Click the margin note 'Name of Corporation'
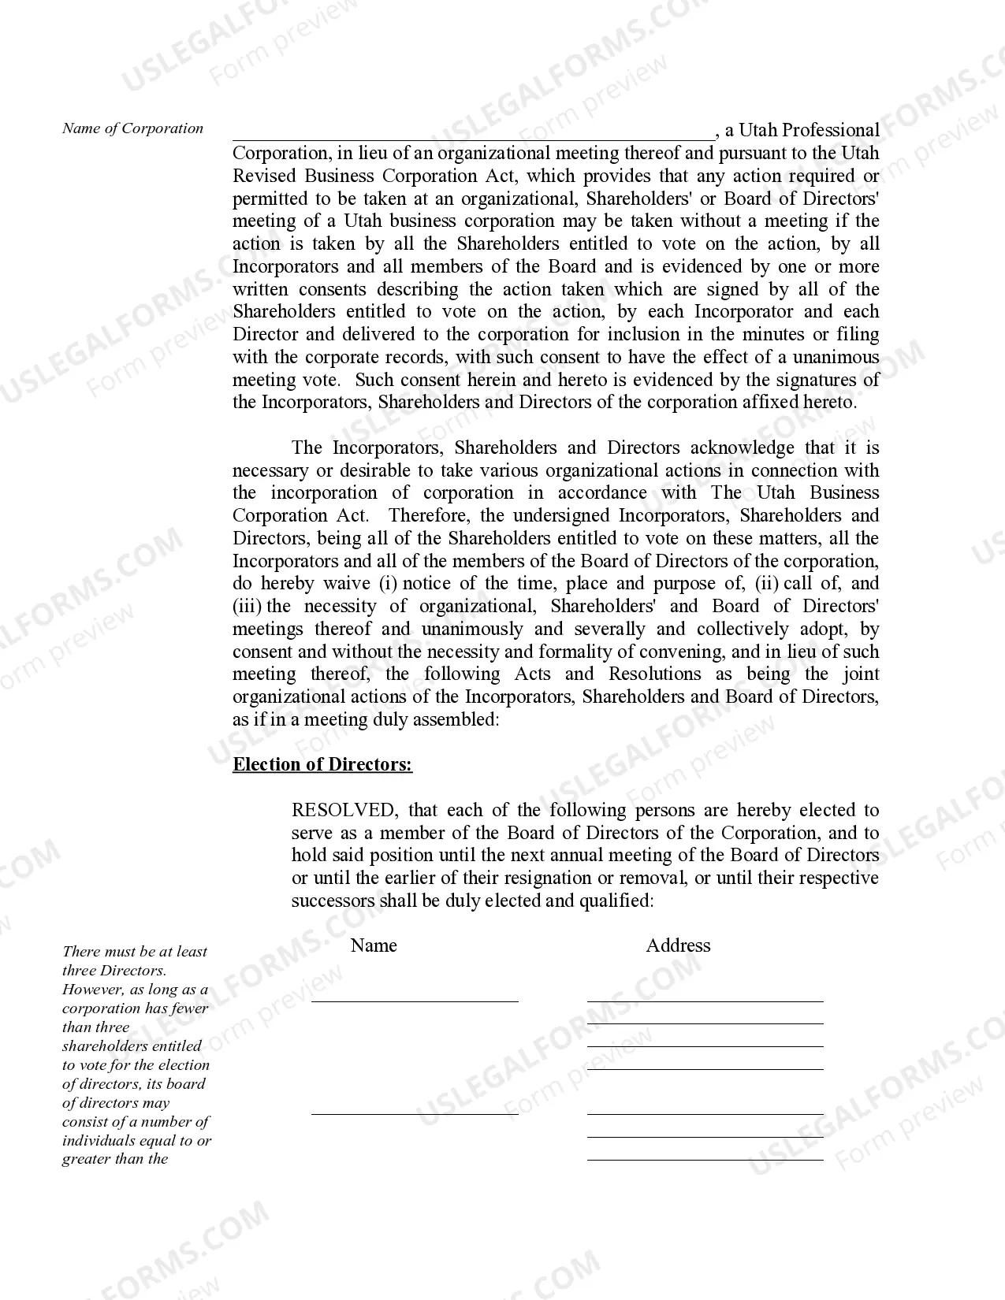(x=132, y=128)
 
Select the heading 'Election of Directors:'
(x=322, y=764)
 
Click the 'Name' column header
(x=373, y=945)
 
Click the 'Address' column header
(x=678, y=945)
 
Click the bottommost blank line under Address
(x=705, y=1158)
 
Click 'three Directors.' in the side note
(x=114, y=971)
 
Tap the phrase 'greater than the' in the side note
(x=115, y=1159)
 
